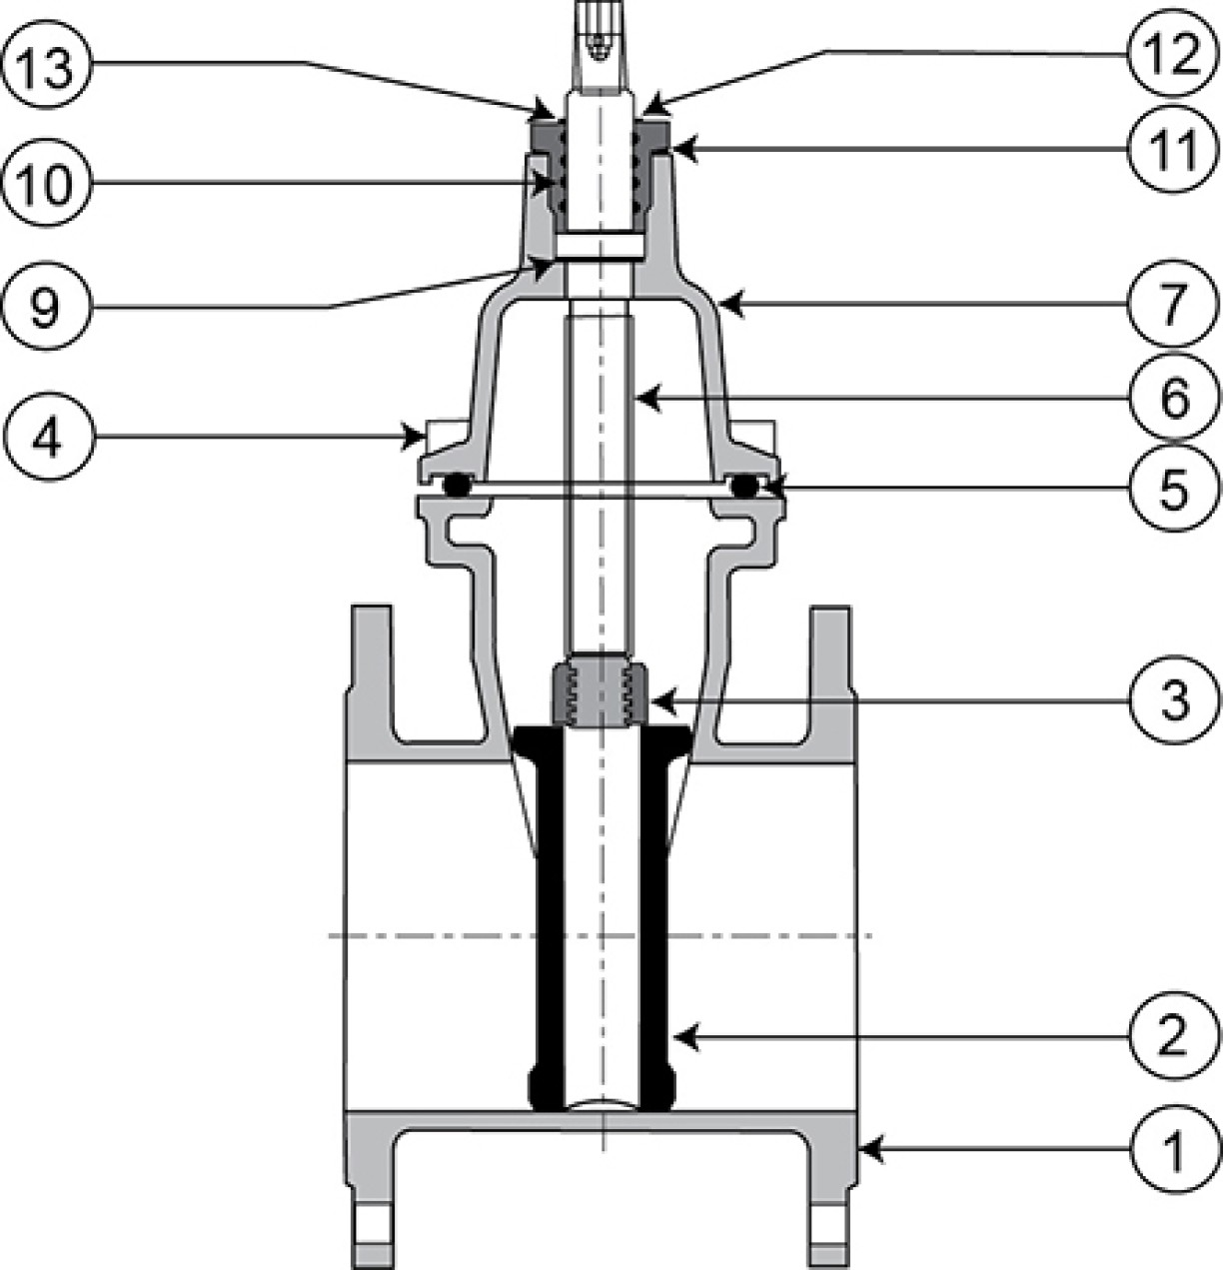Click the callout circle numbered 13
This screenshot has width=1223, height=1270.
tap(48, 64)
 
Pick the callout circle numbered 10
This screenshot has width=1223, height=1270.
tap(48, 184)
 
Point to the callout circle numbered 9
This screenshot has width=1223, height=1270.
tap(48, 307)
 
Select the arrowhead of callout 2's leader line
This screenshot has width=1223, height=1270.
tap(686, 1036)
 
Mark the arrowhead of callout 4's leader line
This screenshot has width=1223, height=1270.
tap(413, 436)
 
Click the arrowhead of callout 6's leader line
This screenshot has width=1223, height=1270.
tap(648, 398)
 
